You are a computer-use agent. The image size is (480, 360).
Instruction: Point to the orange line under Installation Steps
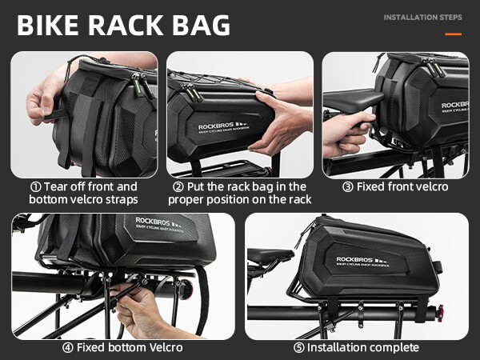click(x=453, y=34)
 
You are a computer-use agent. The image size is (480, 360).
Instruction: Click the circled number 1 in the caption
click(x=33, y=186)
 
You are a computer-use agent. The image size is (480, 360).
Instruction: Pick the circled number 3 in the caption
click(x=346, y=186)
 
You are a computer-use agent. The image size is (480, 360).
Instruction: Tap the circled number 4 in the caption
click(x=68, y=347)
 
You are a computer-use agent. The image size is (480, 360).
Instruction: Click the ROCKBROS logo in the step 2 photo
click(x=218, y=126)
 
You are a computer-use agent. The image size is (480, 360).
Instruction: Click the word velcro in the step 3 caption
click(x=430, y=186)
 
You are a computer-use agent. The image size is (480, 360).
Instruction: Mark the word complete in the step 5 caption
click(x=393, y=347)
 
